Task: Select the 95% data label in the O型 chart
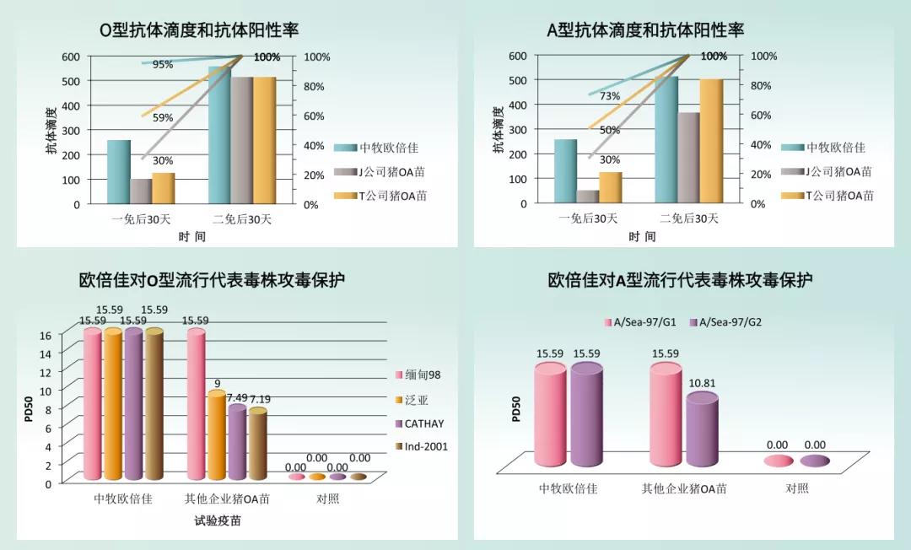[163, 64]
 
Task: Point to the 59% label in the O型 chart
[163, 118]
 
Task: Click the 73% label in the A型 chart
[610, 96]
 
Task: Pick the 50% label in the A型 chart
[610, 130]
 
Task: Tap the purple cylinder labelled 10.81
[702, 430]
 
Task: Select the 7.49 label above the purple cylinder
[237, 398]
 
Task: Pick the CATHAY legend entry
[425, 423]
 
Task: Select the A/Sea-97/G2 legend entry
[725, 321]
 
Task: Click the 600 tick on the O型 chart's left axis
[71, 57]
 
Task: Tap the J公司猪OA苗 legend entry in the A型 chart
[826, 171]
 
